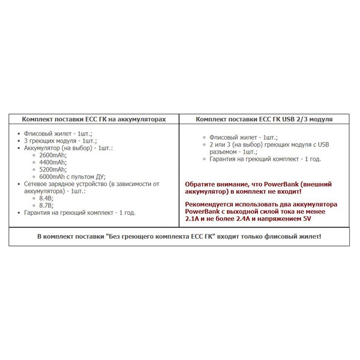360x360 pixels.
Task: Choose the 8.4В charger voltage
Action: tap(46, 198)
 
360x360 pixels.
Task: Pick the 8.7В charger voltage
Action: tap(46, 205)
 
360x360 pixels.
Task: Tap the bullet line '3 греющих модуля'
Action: tap(53, 140)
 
